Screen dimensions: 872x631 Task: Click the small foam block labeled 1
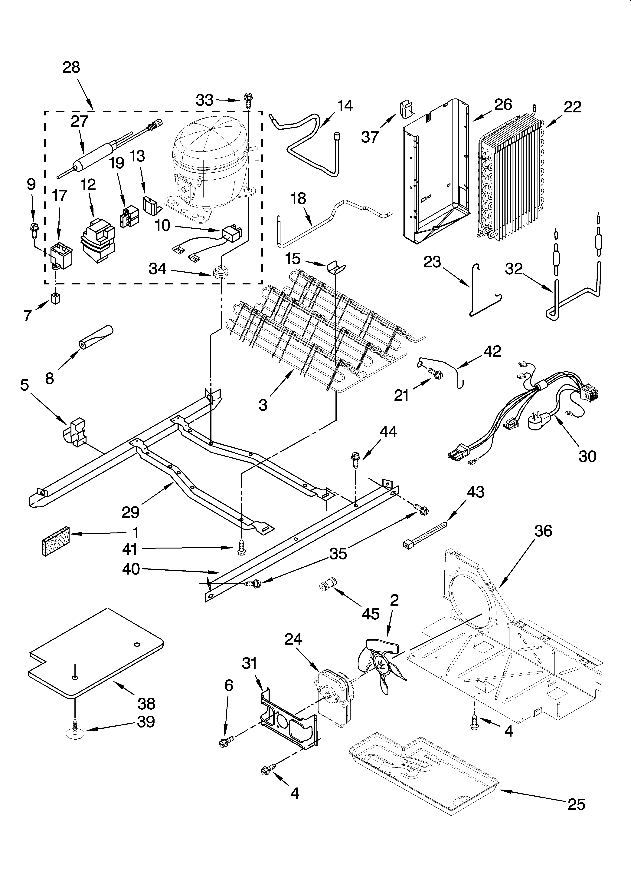tap(56, 541)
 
